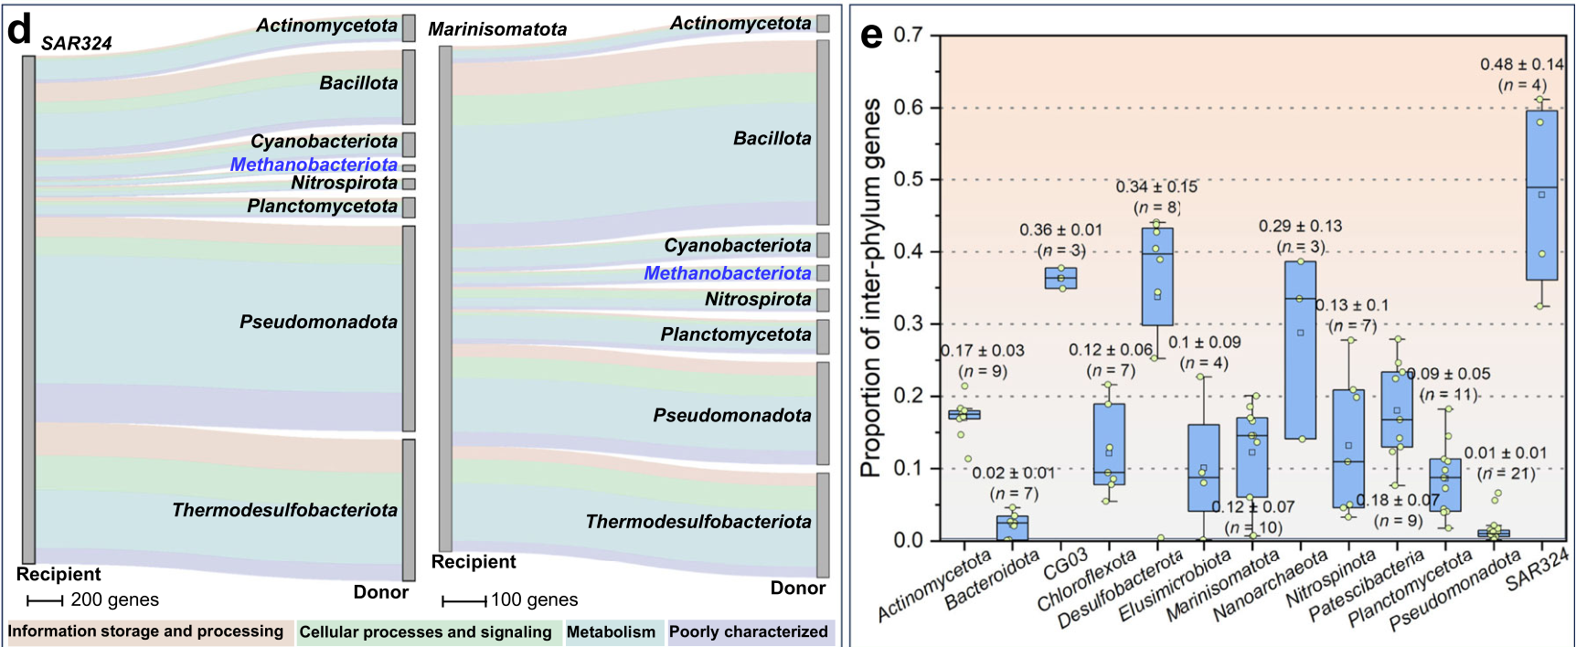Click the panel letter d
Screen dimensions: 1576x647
[x=19, y=29]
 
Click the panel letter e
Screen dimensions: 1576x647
[x=872, y=36]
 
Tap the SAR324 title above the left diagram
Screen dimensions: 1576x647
[x=77, y=43]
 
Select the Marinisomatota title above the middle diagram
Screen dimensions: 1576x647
[x=497, y=29]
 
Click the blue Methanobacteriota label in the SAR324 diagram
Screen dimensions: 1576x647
[x=314, y=164]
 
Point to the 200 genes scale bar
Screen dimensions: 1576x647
[x=45, y=600]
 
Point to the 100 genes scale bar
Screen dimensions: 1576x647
[x=463, y=601]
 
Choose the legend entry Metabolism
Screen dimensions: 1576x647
[x=611, y=631]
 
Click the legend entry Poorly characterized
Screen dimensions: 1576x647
[x=749, y=631]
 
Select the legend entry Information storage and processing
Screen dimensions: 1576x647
[x=145, y=631]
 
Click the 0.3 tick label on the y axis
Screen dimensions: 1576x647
[x=908, y=323]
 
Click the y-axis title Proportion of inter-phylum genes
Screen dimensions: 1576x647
[x=870, y=287]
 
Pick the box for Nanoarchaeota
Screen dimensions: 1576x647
[x=1301, y=350]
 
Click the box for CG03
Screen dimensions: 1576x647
[x=1061, y=278]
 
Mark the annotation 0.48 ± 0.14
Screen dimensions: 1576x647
[x=1522, y=64]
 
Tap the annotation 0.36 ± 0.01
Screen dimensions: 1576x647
[x=1061, y=229]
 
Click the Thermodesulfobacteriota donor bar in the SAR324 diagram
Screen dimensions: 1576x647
[x=409, y=510]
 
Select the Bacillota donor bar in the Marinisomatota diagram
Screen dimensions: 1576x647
[x=823, y=133]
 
